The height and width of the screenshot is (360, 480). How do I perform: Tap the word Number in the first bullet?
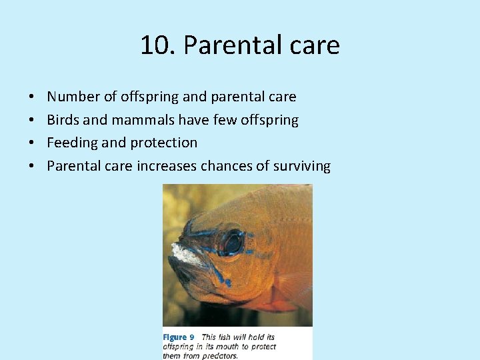73,97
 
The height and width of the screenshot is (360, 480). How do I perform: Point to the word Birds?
63,120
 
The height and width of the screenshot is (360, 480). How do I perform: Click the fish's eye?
232,242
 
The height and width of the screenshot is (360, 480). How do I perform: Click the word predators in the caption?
215,355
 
